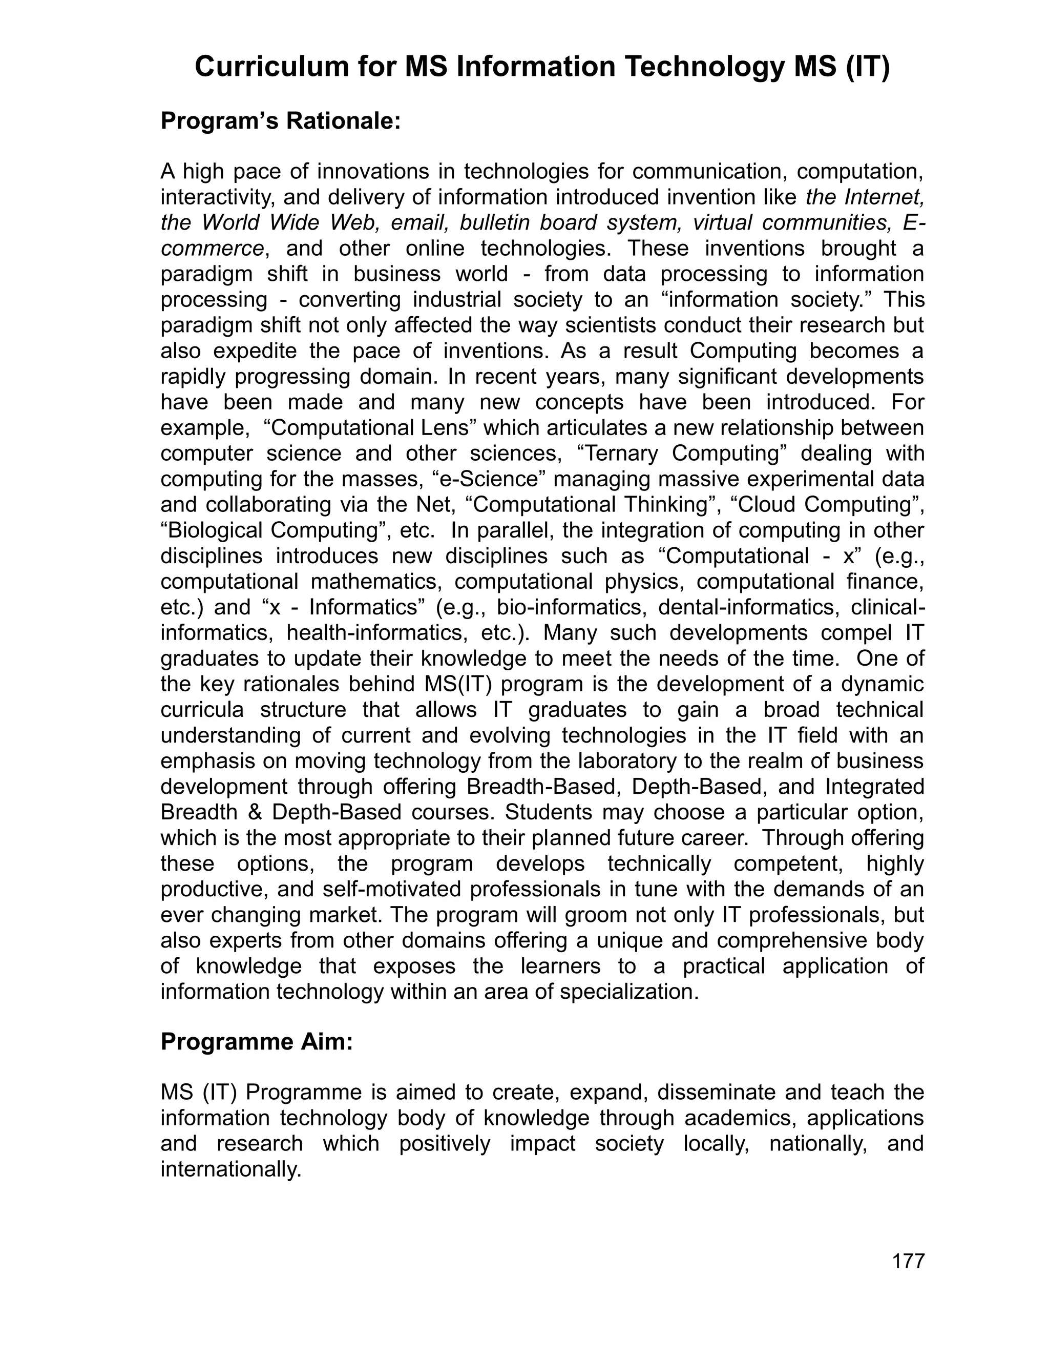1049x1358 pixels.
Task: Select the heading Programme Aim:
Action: point(257,1041)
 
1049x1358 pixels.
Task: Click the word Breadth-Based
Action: point(544,787)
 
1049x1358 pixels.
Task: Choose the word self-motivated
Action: point(393,889)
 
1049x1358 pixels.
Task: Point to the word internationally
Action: point(230,1169)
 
